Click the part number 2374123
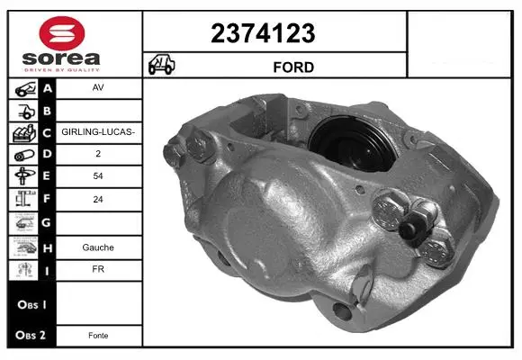click(x=263, y=33)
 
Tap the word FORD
click(x=293, y=67)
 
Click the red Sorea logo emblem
click(x=62, y=33)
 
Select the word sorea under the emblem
click(x=61, y=58)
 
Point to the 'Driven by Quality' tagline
click(x=62, y=70)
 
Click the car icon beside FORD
click(x=161, y=64)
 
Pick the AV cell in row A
click(x=98, y=87)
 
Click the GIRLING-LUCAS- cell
click(x=98, y=132)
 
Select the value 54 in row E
click(x=98, y=175)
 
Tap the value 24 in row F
click(x=98, y=199)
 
